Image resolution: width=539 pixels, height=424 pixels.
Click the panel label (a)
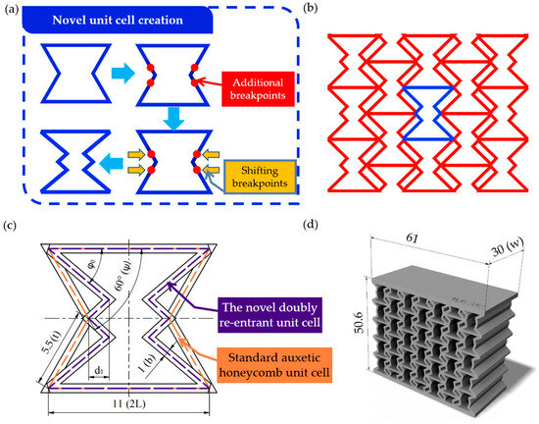[x=9, y=10]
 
